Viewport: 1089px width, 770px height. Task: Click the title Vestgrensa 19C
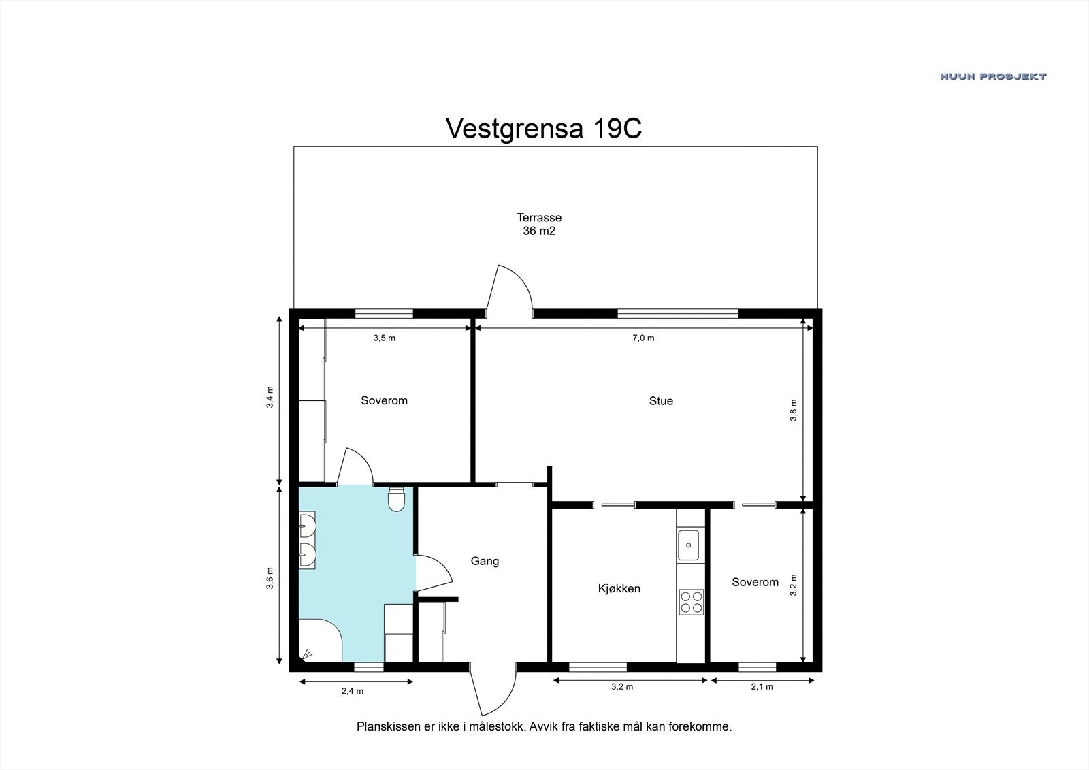pos(544,129)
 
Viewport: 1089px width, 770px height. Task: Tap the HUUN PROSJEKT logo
pos(993,76)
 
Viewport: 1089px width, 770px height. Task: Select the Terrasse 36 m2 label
pos(539,224)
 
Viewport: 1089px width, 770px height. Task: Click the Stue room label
pos(661,401)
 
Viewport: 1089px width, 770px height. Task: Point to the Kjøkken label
pos(619,589)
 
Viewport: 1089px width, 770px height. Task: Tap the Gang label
pos(485,561)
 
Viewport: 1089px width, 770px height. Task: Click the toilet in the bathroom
pos(397,499)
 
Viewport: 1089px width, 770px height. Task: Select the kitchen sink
pos(689,545)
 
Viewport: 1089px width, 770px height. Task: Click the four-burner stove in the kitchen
pos(692,603)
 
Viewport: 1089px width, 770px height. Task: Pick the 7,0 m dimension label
pos(643,338)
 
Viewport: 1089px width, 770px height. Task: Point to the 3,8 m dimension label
pos(794,410)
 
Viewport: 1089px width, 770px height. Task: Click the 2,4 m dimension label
pos(353,691)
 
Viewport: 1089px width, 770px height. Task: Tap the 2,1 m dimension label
pos(762,687)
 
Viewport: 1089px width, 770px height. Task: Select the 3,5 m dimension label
pos(384,338)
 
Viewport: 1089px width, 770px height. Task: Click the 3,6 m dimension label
pos(270,578)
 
